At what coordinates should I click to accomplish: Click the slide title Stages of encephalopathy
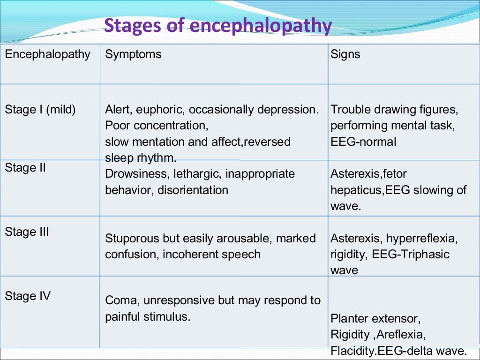tap(218, 25)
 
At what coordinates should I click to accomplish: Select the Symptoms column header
tap(133, 54)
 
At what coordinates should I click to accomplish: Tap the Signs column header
tap(345, 54)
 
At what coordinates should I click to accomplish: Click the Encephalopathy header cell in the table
tap(47, 54)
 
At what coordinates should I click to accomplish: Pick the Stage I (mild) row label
tap(40, 110)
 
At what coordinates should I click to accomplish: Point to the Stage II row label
tap(25, 168)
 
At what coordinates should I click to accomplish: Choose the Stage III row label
tap(27, 232)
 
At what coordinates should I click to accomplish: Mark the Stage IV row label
tap(28, 296)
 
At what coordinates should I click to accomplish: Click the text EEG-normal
tap(363, 142)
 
